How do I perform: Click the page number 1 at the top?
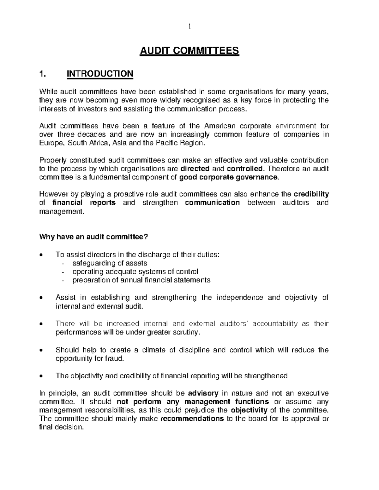(x=189, y=27)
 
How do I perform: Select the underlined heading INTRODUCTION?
(x=100, y=74)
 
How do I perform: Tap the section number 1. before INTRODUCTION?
(x=43, y=74)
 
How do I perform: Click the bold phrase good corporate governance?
(x=229, y=177)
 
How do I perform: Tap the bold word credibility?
(x=311, y=194)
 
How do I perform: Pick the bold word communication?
(x=213, y=203)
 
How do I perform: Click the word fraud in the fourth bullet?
(x=116, y=359)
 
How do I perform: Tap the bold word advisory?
(x=203, y=393)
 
